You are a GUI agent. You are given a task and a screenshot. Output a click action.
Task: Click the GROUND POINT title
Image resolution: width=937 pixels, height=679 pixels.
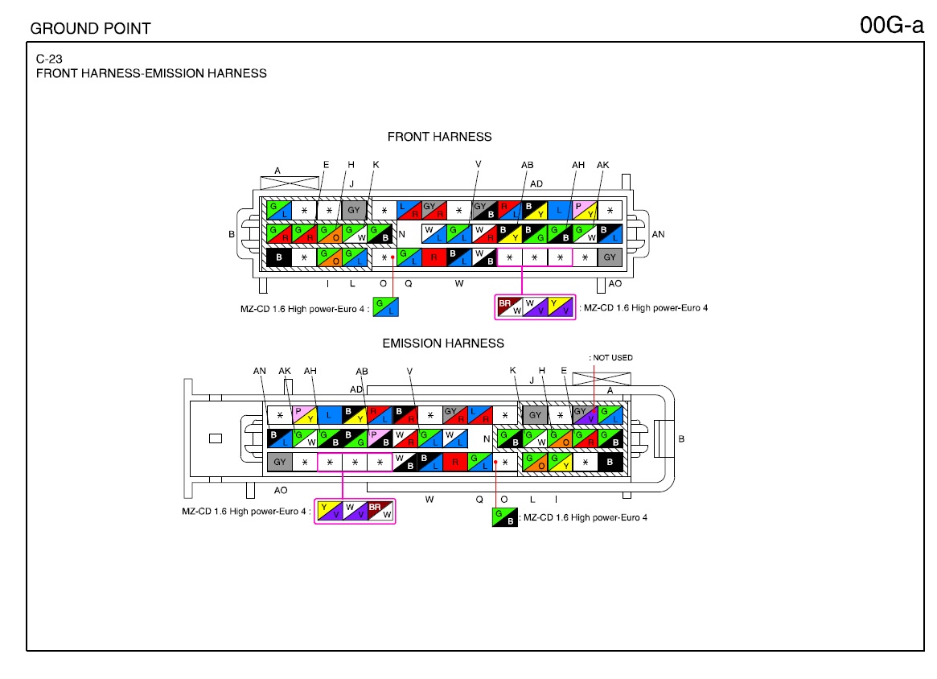90,28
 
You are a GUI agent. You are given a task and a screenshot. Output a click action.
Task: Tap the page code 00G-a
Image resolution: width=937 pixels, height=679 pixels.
892,25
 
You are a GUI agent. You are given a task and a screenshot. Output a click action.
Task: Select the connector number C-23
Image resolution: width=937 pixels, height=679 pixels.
49,59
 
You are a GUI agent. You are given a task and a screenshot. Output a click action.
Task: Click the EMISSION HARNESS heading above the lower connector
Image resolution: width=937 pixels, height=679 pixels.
443,343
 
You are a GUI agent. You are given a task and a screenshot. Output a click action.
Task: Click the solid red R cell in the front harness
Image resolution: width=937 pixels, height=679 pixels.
434,257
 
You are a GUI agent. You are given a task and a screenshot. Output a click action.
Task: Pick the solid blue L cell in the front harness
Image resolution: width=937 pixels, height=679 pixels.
559,210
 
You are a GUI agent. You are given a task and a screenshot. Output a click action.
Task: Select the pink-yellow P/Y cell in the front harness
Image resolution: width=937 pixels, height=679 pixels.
585,210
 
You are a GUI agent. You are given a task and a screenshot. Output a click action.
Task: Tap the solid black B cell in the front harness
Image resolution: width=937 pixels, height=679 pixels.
278,257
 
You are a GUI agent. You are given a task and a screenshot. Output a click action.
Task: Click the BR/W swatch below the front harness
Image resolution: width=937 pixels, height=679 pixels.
510,307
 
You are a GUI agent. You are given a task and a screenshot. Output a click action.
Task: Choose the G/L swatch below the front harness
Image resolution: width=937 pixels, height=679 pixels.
385,307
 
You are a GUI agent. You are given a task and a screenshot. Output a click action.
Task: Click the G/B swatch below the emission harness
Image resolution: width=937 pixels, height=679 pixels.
504,517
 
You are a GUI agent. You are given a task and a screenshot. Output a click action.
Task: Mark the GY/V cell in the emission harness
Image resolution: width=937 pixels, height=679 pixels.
585,414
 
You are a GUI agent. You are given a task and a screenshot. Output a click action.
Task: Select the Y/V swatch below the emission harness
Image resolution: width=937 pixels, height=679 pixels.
329,511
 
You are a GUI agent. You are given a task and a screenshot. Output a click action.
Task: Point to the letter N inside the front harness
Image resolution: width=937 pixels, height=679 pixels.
402,233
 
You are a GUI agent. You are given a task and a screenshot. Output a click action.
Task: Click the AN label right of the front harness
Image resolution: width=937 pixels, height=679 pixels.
658,234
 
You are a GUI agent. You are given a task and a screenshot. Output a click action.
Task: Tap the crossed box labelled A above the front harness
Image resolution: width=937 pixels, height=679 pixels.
290,183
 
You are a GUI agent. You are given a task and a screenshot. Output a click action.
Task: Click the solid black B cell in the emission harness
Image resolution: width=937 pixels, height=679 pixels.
610,462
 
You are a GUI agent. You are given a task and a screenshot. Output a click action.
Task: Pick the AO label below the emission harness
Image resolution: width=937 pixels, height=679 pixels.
280,490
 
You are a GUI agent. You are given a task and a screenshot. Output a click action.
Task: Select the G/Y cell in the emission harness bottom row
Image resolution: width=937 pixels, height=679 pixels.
560,462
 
